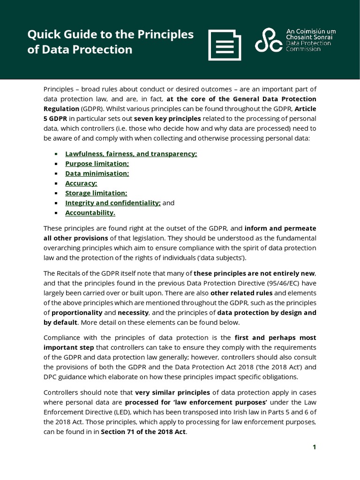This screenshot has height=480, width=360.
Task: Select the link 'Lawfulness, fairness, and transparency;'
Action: (x=131, y=153)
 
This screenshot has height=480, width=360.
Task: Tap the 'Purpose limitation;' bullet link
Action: (x=97, y=163)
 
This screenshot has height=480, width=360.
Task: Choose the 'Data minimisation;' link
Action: (x=97, y=173)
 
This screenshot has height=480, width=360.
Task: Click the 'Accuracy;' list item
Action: (x=81, y=183)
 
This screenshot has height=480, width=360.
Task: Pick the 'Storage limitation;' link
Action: (x=96, y=193)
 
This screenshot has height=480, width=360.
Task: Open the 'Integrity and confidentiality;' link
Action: (x=112, y=202)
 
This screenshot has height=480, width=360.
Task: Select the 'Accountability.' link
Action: (x=90, y=212)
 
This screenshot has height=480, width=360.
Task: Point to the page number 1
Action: (x=315, y=447)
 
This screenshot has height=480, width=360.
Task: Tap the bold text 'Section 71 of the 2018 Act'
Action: (x=143, y=432)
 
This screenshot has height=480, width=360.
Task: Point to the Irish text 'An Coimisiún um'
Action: (x=311, y=31)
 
